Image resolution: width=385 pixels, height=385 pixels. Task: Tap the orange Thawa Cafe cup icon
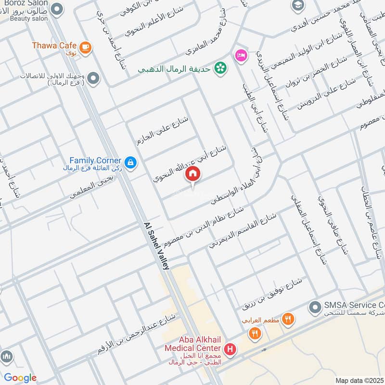click(x=86, y=47)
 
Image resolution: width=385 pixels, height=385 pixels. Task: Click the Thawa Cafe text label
click(x=54, y=45)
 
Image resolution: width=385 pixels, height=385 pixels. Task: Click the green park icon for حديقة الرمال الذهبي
click(x=221, y=68)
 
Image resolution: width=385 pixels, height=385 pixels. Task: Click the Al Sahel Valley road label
click(x=156, y=245)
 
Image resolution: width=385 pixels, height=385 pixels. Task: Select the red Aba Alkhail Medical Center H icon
click(x=230, y=348)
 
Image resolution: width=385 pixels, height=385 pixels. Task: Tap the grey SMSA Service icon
click(x=315, y=306)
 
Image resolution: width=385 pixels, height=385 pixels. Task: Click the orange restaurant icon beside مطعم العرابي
click(x=288, y=319)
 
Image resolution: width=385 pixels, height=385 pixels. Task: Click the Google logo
click(x=20, y=378)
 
